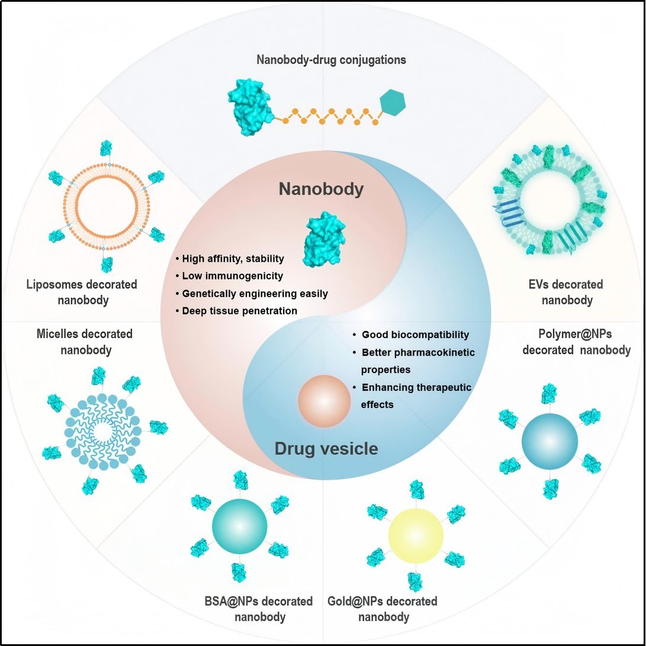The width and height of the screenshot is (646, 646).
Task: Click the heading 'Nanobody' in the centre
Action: coord(321,189)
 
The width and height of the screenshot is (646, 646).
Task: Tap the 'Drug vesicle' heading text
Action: coord(326,449)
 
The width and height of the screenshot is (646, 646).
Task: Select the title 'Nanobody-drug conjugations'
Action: coord(331,60)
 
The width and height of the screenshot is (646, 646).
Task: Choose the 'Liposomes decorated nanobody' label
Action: coord(82,292)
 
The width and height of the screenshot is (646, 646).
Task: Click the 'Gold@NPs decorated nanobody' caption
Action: coord(383,609)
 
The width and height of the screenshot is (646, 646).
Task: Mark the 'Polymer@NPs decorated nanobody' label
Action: coord(576,342)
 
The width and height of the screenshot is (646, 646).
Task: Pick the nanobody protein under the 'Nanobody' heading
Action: coord(322,237)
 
